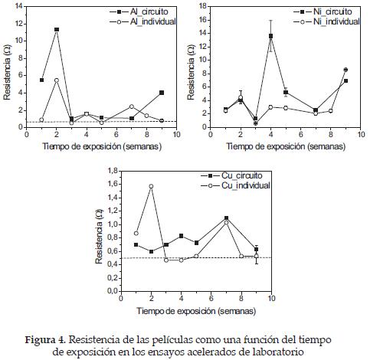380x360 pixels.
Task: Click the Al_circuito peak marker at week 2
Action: click(x=57, y=29)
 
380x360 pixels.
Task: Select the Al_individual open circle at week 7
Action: click(x=132, y=106)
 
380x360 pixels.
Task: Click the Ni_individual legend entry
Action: click(x=327, y=21)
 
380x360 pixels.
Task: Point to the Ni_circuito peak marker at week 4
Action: click(x=270, y=36)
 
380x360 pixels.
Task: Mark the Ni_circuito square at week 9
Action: click(x=346, y=80)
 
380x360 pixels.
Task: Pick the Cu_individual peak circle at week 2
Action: click(x=151, y=186)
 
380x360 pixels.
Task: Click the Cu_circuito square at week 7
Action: click(x=226, y=218)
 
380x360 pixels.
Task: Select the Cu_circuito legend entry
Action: click(x=231, y=175)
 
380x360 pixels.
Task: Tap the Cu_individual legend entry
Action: click(x=236, y=185)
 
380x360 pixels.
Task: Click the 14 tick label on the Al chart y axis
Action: click(x=18, y=6)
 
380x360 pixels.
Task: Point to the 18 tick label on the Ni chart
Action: click(x=202, y=6)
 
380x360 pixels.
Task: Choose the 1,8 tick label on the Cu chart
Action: click(x=113, y=170)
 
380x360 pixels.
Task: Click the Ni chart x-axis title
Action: click(x=286, y=146)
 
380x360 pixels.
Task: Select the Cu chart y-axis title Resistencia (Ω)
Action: click(x=99, y=237)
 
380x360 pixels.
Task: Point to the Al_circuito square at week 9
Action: click(x=162, y=93)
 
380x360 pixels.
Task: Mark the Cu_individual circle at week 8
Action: click(x=241, y=256)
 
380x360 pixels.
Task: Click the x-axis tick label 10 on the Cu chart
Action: click(x=271, y=298)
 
